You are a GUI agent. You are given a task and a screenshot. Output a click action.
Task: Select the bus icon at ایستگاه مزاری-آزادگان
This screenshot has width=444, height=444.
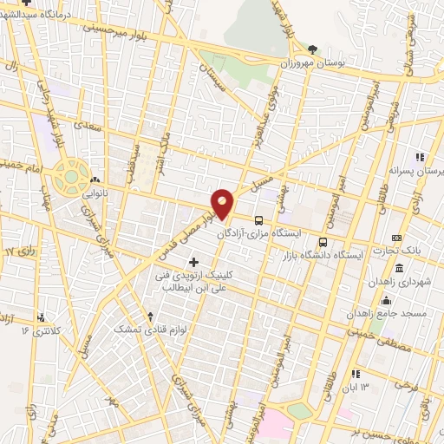click(259, 220)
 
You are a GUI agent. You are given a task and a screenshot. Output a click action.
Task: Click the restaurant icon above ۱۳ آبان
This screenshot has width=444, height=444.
click(355, 374)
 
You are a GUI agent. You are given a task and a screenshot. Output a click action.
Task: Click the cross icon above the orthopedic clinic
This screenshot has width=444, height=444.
click(193, 261)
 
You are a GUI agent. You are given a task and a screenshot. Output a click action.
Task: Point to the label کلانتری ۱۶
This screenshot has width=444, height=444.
click(42, 330)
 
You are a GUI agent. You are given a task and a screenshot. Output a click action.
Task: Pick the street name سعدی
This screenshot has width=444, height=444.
click(84, 125)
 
